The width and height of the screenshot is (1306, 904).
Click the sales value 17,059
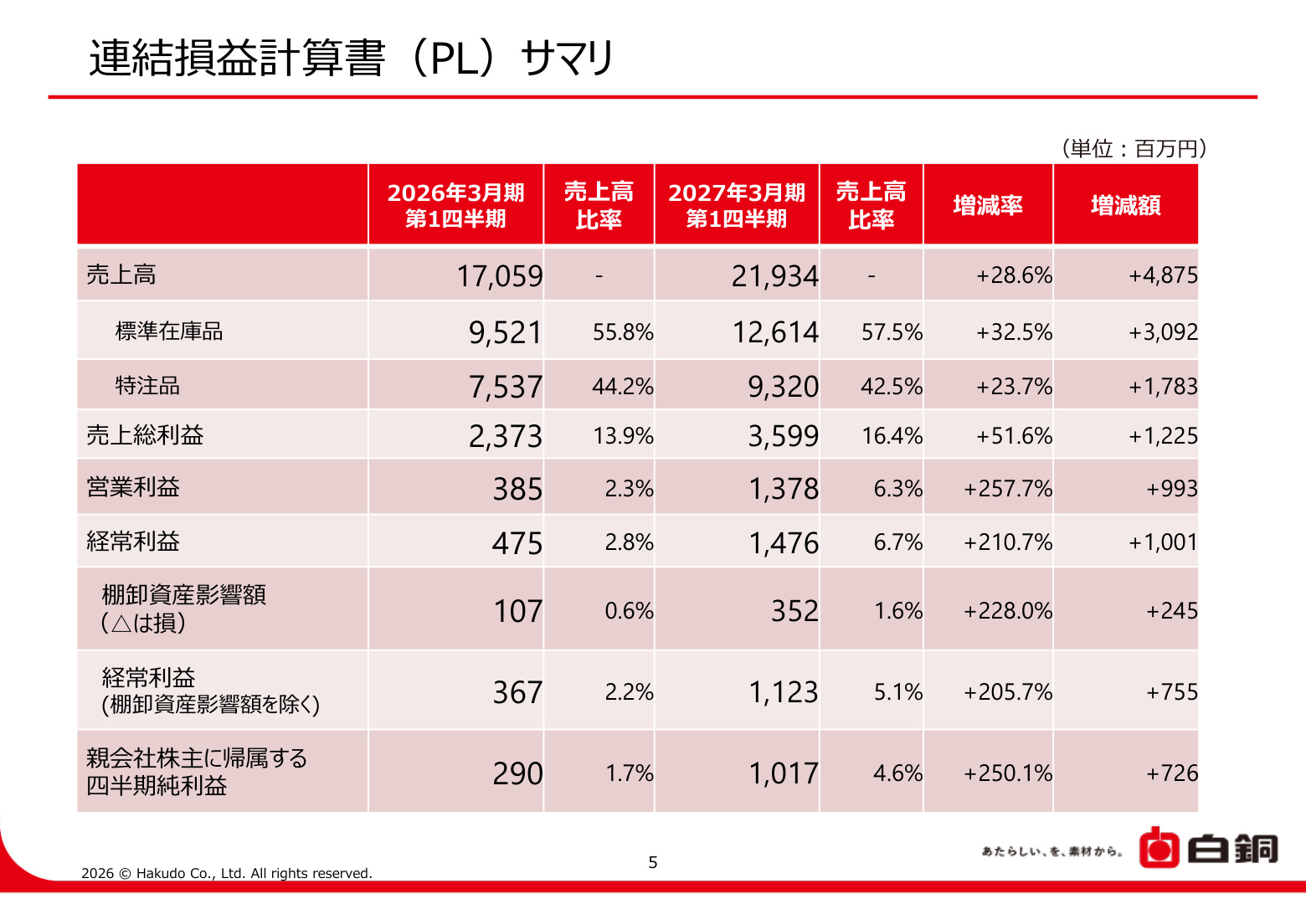500,276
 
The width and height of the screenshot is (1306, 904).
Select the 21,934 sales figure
775,276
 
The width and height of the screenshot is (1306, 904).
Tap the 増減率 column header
988,205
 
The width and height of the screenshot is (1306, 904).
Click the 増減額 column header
1125,205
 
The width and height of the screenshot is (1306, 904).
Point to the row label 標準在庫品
169,331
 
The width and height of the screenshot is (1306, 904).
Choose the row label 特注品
147,385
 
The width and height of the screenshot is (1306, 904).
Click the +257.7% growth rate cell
1008,489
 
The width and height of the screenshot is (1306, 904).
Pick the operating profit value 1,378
784,489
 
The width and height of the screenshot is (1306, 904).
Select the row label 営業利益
133,486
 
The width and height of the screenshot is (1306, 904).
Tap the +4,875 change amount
1163,275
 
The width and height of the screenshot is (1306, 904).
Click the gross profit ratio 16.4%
892,436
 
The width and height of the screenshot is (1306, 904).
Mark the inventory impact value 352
794,611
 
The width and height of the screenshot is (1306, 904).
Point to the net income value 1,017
784,773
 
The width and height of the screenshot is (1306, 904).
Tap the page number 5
653,862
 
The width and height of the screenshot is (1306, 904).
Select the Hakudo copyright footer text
227,873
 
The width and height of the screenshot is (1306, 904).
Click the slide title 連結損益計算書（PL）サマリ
352,59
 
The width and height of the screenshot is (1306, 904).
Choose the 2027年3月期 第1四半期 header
737,205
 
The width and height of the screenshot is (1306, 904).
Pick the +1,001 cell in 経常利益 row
1163,542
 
